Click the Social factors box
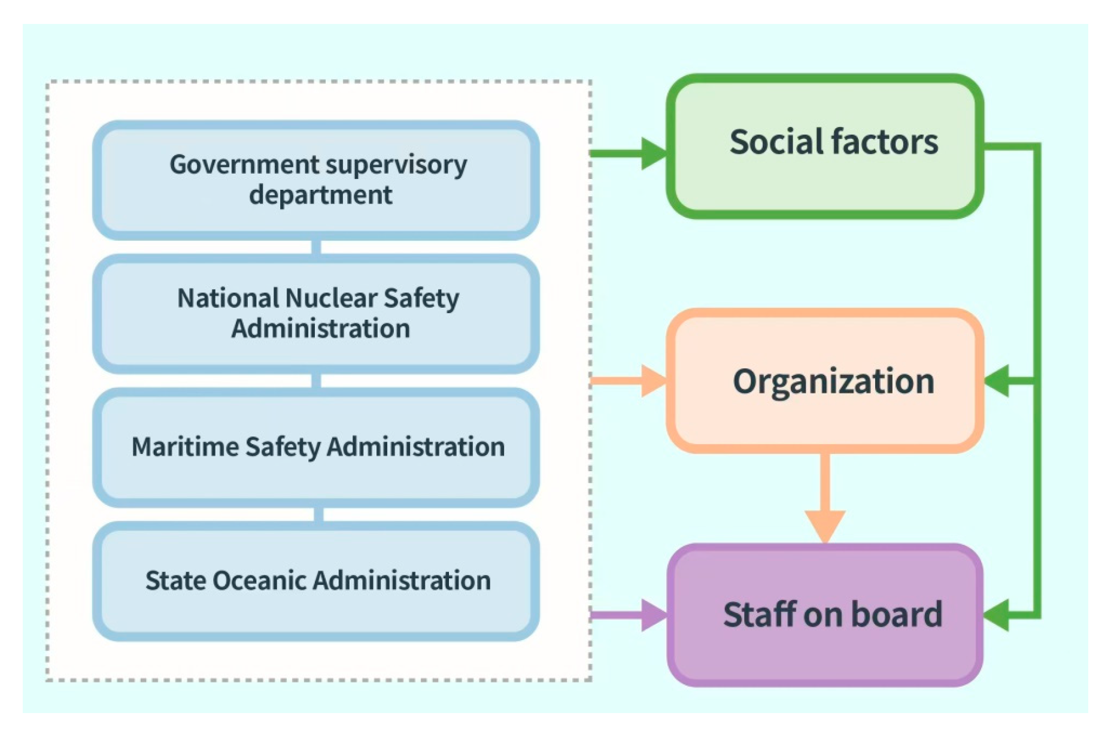(825, 146)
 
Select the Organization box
(825, 381)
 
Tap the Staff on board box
(825, 615)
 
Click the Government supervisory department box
(316, 180)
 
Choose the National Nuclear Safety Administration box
(316, 313)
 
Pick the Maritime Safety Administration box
(316, 447)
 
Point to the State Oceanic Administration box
(316, 581)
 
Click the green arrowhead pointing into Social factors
(654, 153)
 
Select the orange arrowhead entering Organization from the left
(654, 381)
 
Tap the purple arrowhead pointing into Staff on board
(654, 615)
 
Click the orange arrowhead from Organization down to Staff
(825, 525)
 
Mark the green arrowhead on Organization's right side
(997, 381)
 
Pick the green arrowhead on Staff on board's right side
(997, 615)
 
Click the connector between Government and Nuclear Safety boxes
(316, 247)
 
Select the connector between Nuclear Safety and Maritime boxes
(316, 381)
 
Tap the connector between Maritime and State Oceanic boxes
(318, 514)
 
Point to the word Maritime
(185, 447)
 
